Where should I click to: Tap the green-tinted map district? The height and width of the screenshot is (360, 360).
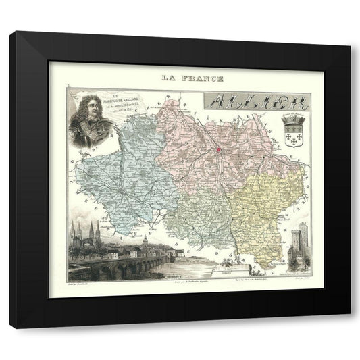pyautogui.click(x=196, y=216)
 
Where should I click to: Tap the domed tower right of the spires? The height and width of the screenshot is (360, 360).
pyautogui.click(x=144, y=242)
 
